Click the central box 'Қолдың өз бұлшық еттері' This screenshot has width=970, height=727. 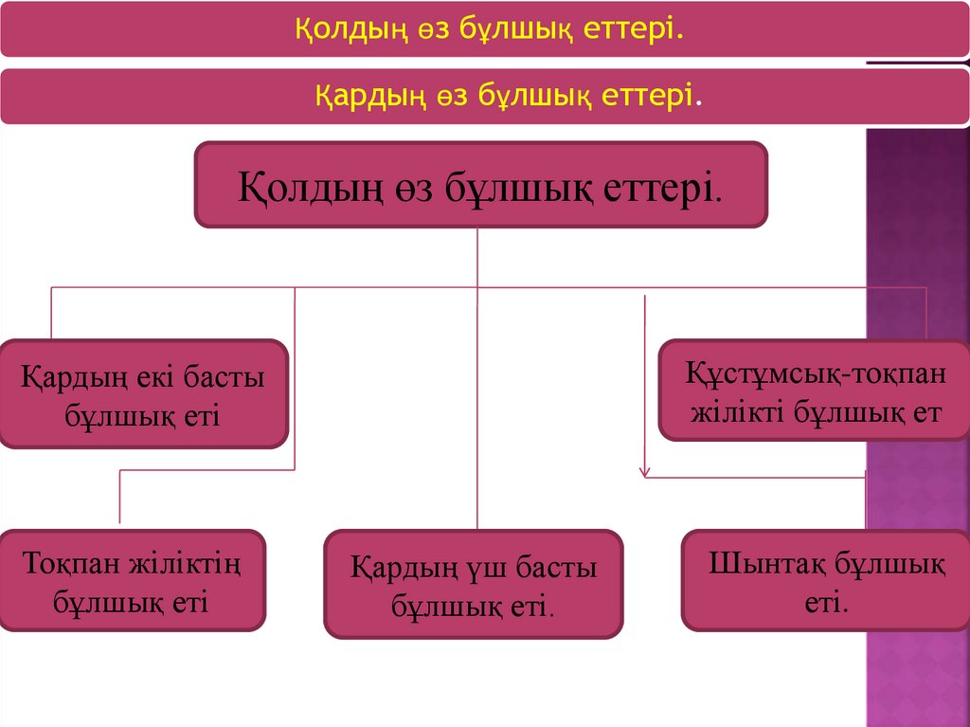[480, 184]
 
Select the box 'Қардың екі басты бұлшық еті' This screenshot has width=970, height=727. [143, 393]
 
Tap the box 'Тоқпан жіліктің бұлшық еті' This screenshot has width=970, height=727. [132, 581]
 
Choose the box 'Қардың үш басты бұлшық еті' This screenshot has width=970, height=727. [474, 584]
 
